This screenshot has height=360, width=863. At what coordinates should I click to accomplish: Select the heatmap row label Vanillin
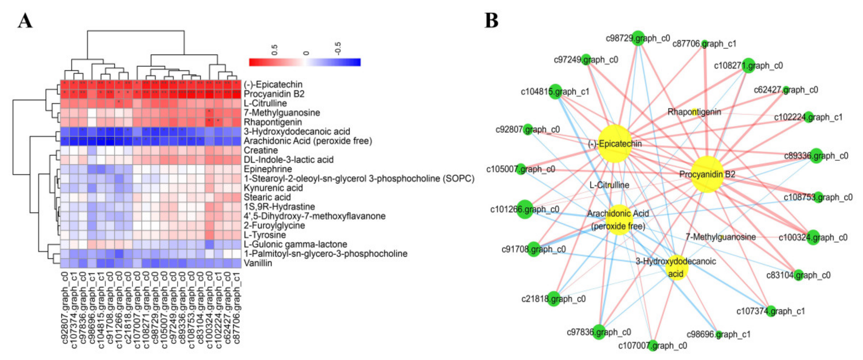(x=258, y=263)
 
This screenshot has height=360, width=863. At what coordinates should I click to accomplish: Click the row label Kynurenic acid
(x=273, y=188)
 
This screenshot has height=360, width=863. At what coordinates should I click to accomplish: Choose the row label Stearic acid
(x=267, y=197)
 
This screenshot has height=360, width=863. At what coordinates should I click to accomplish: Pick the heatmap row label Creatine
(x=261, y=150)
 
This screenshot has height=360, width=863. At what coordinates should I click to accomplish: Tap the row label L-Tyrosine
(x=265, y=235)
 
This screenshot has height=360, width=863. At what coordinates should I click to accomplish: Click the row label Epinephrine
(x=268, y=169)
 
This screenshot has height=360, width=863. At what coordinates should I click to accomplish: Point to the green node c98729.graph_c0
(x=638, y=38)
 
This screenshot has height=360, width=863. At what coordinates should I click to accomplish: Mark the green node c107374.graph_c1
(x=771, y=311)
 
